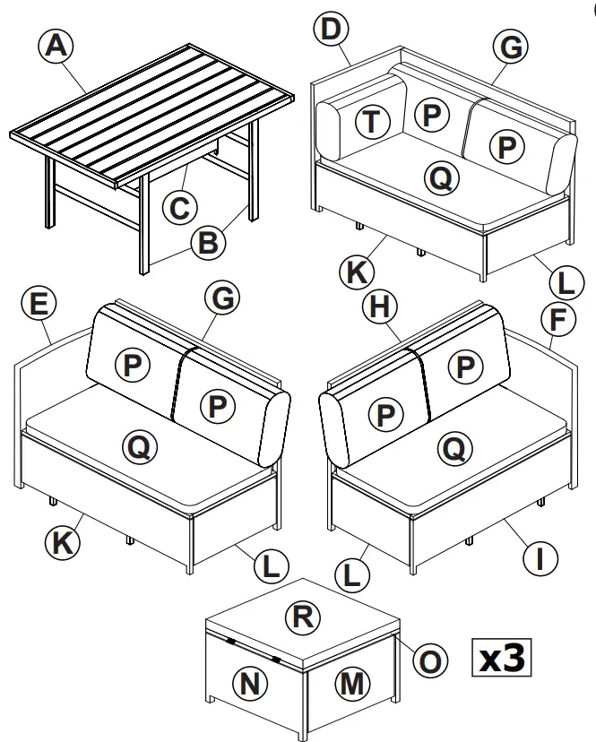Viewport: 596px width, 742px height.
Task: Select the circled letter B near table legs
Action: pyautogui.click(x=207, y=243)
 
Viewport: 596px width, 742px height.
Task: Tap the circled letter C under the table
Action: pyautogui.click(x=179, y=208)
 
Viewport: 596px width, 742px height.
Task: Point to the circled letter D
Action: pyautogui.click(x=332, y=29)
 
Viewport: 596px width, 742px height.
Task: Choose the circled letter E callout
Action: pyautogui.click(x=38, y=305)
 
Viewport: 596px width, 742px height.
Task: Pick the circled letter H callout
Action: pyautogui.click(x=380, y=307)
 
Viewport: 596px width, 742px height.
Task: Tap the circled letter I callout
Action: pyautogui.click(x=540, y=559)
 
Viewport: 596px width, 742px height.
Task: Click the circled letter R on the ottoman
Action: pyautogui.click(x=302, y=617)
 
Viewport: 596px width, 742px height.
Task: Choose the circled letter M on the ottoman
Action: pyautogui.click(x=354, y=684)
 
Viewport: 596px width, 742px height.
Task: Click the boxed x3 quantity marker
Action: pyautogui.click(x=502, y=658)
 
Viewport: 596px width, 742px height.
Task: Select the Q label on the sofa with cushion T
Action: pyautogui.click(x=440, y=178)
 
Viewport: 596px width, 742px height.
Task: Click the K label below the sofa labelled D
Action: pyautogui.click(x=358, y=269)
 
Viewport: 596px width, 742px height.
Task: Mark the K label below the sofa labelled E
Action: pyautogui.click(x=63, y=541)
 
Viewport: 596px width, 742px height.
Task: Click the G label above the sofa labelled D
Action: pyautogui.click(x=511, y=48)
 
